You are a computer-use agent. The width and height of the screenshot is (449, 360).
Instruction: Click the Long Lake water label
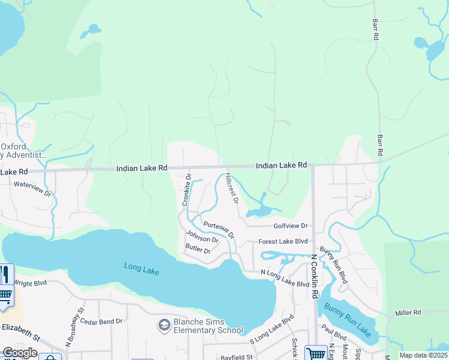[x=142, y=269]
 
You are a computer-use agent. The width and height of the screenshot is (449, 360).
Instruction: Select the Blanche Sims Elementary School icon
[x=163, y=326]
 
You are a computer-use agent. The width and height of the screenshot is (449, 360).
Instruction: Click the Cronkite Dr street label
[x=186, y=190]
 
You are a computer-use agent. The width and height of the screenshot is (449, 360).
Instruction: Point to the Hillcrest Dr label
[x=232, y=188]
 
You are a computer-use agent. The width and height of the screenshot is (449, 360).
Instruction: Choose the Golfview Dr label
[x=291, y=226]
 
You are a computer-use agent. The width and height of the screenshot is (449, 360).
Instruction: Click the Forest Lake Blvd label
[x=283, y=241]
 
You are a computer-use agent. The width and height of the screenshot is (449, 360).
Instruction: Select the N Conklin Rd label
[x=314, y=276]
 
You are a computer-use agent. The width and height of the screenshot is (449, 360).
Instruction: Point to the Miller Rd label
[x=408, y=313]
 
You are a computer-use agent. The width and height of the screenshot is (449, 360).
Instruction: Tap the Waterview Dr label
[x=33, y=189]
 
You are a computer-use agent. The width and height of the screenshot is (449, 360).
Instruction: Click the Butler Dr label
[x=197, y=249]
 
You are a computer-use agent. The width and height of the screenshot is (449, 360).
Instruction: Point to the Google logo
[x=20, y=353]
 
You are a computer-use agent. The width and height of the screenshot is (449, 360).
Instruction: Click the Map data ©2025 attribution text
[x=423, y=355]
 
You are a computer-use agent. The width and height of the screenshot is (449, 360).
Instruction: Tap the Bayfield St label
[x=237, y=356]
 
